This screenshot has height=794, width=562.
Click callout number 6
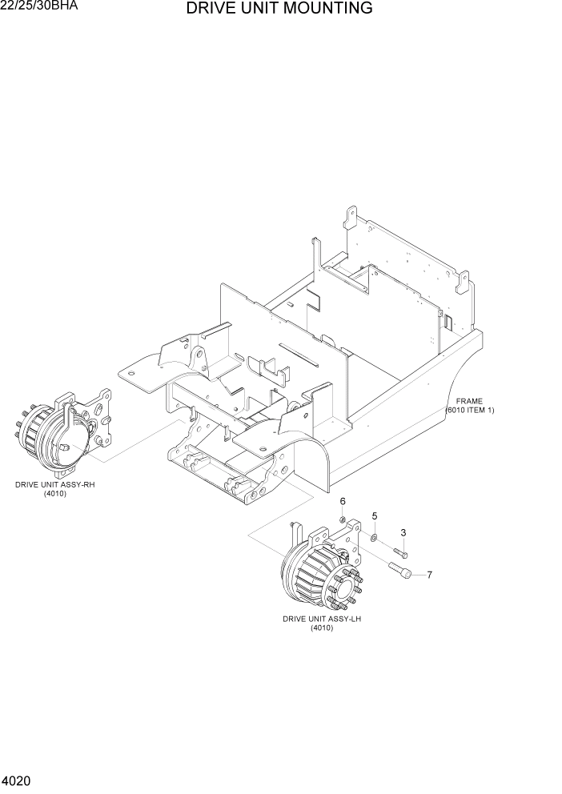pyautogui.click(x=343, y=501)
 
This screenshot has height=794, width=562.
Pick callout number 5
pyautogui.click(x=374, y=516)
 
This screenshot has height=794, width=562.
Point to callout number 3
pyautogui.click(x=403, y=532)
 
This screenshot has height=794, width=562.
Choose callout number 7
pyautogui.click(x=429, y=575)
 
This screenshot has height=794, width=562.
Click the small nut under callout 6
pyautogui.click(x=342, y=520)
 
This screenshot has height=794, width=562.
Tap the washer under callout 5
pyautogui.click(x=374, y=535)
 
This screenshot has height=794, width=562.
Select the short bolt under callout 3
pyautogui.click(x=400, y=551)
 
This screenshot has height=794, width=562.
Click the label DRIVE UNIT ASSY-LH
pyautogui.click(x=322, y=619)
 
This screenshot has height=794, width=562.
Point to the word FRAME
pyautogui.click(x=470, y=401)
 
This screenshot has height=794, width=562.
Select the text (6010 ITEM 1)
pyautogui.click(x=470, y=410)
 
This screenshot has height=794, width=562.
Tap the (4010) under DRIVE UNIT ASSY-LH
pyautogui.click(x=322, y=628)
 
